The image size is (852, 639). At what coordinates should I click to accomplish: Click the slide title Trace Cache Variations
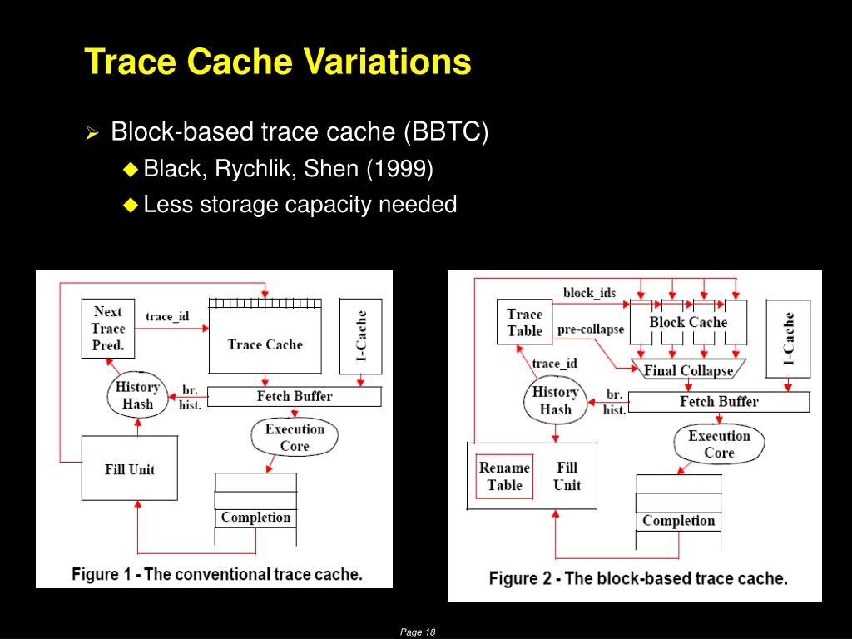278,63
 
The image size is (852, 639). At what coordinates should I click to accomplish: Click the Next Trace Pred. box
108,328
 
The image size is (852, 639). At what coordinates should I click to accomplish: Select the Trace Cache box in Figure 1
265,344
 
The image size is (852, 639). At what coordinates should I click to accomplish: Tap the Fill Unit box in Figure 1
130,468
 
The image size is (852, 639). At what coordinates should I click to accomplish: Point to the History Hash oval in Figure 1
137,395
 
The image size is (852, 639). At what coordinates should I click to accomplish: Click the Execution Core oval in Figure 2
719,444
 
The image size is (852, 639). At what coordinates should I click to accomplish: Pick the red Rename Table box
504,477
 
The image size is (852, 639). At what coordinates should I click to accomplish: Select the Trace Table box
525,323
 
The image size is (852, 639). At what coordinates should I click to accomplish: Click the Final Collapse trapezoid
688,371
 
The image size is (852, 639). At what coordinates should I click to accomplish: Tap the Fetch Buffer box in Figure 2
719,402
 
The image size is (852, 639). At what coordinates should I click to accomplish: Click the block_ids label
590,293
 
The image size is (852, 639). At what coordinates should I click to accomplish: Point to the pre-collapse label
590,329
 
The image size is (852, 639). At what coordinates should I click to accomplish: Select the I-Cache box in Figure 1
361,336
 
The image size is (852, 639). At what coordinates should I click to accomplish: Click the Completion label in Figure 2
678,521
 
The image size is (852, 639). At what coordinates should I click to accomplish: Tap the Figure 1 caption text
217,574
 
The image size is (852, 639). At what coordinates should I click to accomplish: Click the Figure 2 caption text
638,578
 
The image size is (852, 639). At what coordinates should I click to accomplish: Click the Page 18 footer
418,632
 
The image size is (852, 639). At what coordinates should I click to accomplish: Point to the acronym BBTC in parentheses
446,132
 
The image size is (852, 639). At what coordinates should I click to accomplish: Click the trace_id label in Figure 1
167,317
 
